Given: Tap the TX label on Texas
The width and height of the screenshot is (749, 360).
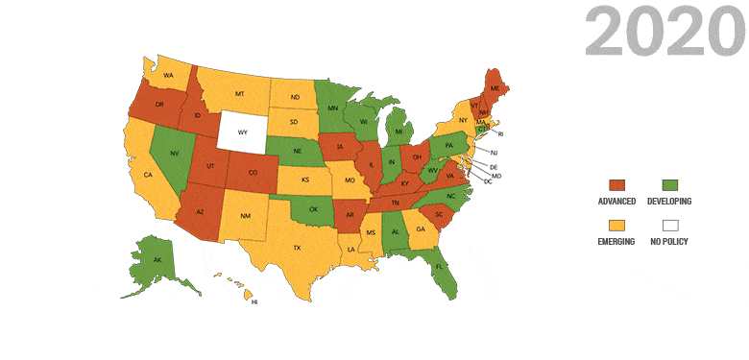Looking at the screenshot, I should point(297,248).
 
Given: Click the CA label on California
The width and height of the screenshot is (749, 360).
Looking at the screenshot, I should point(148,175).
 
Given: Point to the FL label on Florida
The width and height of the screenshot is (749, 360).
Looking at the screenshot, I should point(439,266).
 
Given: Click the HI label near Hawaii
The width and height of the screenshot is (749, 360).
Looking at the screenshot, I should point(254,301).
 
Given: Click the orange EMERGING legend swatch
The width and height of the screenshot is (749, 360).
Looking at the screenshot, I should point(616,225).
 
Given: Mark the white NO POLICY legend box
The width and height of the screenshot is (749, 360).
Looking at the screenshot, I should point(670,225).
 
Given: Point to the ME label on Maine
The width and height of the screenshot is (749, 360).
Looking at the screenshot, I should point(495,87).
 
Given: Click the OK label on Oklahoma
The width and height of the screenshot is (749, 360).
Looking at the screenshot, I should point(311,208).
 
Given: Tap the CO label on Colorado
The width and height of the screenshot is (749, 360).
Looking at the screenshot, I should point(253,174).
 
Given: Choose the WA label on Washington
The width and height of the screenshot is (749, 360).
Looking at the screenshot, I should point(168,74).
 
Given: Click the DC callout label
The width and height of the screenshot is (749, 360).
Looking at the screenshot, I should point(488,182).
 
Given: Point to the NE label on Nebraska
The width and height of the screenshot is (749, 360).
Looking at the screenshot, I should point(297,150).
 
